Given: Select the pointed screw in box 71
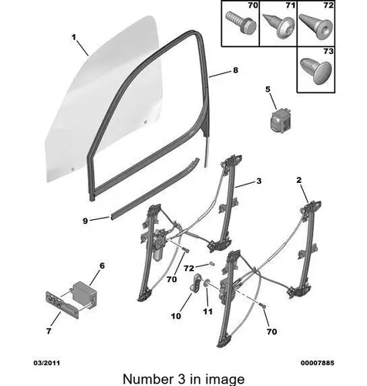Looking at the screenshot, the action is point(276,29).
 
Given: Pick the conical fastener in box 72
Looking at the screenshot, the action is point(315,26).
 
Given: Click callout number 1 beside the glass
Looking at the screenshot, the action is point(74,38).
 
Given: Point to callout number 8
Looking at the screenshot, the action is point(235,70).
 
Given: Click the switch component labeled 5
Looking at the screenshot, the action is point(281,120).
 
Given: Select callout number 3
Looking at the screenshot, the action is point(259,181).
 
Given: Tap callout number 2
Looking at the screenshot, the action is point(298,180).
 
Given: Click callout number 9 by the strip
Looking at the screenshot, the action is point(86,221).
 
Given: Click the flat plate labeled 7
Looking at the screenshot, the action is point(62,305).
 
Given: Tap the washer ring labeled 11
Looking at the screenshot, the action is point(207,284).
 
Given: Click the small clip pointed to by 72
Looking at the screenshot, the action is point(212,263).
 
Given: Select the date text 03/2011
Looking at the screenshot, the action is point(47,363).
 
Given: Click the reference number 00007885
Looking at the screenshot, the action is point(318,363).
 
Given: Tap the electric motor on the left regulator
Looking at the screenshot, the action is point(160,244).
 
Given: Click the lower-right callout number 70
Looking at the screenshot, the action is point(271,332).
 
